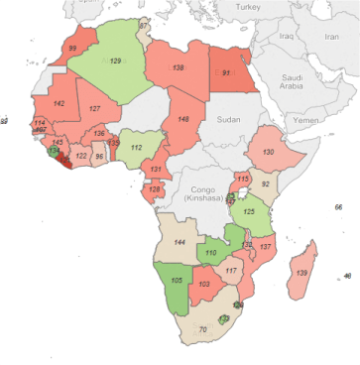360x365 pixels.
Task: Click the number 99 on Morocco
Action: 72,48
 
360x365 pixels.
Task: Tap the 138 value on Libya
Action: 179,67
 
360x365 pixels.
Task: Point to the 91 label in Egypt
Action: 227,73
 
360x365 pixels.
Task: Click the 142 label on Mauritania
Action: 59,103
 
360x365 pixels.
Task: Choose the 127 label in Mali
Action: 95,108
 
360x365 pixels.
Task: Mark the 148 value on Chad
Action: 183,119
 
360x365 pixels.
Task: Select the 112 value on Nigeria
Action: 136,148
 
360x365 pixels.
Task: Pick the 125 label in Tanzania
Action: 251,211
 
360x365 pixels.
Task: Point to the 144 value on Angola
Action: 180,242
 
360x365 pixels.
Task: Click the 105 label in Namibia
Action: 177,281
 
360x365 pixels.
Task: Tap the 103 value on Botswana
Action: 204,285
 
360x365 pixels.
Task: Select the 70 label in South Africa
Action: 202,329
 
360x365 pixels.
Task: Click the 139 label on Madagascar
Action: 300,272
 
